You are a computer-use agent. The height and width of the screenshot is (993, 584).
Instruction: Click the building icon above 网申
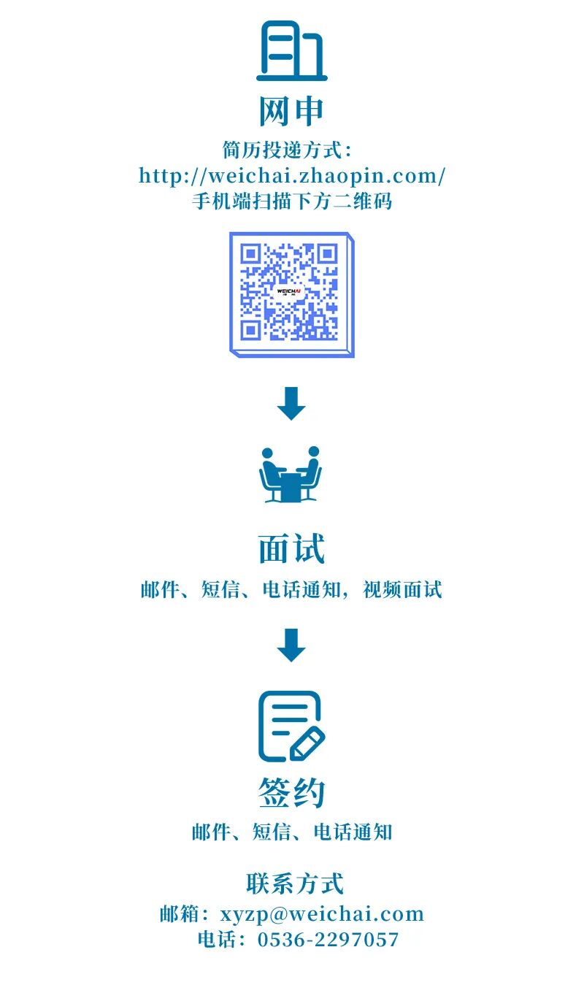291,51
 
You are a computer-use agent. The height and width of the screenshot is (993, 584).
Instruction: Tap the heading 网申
291,112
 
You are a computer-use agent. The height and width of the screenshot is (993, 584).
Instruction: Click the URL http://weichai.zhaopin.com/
292,176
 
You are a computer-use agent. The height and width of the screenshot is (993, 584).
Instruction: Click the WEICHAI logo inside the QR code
289,291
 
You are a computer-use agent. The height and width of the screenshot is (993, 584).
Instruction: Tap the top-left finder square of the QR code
251,254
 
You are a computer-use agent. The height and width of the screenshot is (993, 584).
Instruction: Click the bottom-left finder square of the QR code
251,329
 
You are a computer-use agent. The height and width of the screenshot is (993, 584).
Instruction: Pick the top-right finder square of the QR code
327,254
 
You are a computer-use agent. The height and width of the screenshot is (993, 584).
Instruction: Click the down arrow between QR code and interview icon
291,404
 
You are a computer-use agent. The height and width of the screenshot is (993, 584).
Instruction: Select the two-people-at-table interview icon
291,475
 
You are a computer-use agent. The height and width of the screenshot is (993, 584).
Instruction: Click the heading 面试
291,549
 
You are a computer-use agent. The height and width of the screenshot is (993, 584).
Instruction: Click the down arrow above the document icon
291,645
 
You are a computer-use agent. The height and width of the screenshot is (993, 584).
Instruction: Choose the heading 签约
291,792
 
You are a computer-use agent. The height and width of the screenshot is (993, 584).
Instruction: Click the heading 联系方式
295,883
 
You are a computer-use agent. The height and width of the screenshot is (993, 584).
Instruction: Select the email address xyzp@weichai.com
322,914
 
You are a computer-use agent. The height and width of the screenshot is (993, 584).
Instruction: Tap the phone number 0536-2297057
328,940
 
